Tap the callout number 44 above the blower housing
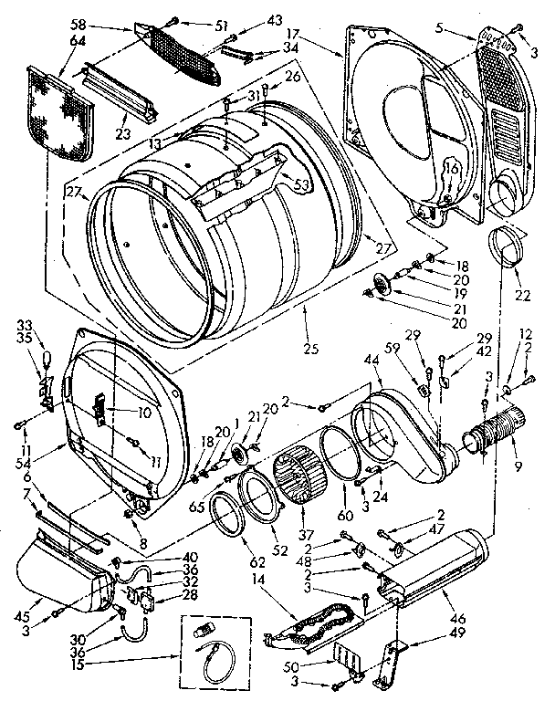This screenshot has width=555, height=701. pyautogui.click(x=373, y=363)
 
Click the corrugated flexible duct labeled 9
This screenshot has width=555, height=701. pyautogui.click(x=493, y=433)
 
